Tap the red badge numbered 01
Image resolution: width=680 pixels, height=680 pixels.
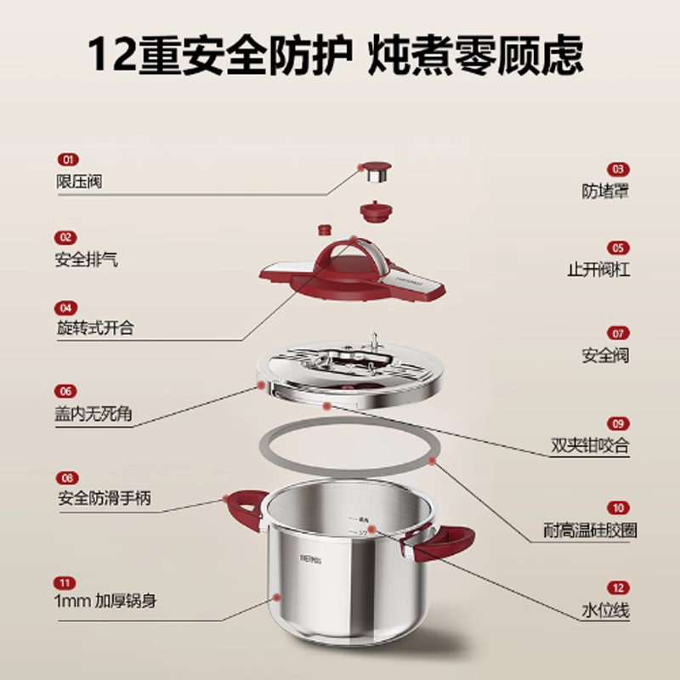pyautogui.click(x=66, y=160)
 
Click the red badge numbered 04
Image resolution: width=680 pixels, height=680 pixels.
pyautogui.click(x=66, y=307)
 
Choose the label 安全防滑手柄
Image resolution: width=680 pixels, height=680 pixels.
pyautogui.click(x=104, y=499)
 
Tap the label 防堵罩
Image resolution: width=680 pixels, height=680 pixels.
pyautogui.click(x=605, y=191)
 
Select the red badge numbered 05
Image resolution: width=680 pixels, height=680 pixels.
pyautogui.click(x=618, y=248)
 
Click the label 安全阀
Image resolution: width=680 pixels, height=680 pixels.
pyautogui.click(x=605, y=355)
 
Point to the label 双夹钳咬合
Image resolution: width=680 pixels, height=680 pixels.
pyautogui.click(x=590, y=445)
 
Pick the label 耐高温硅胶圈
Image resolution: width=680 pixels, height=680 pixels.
pyautogui.click(x=590, y=530)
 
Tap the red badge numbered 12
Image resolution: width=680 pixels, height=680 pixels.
pyautogui.click(x=618, y=586)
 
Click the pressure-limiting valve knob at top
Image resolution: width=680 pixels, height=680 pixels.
pyautogui.click(x=373, y=173)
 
